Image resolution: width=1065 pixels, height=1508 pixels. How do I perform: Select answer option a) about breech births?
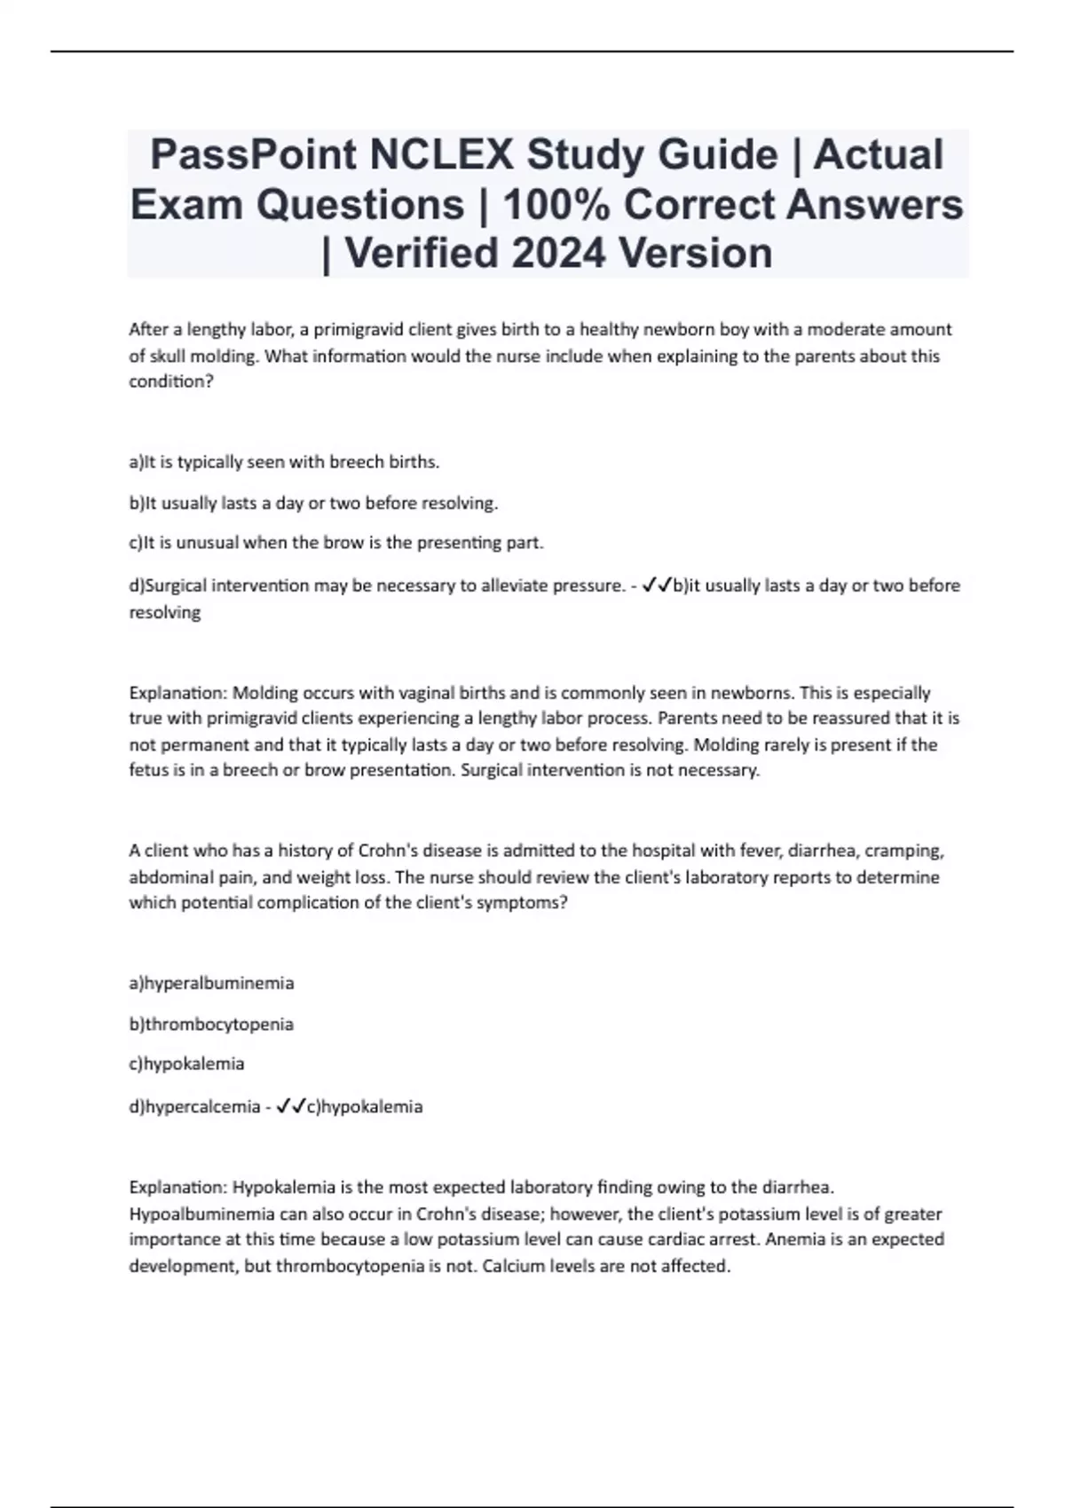click(x=284, y=462)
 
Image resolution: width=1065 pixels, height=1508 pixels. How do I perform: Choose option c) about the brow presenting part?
click(x=335, y=543)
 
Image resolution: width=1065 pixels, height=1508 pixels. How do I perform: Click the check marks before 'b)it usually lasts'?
click(x=657, y=585)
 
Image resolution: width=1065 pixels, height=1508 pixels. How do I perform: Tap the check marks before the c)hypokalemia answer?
click(x=291, y=1107)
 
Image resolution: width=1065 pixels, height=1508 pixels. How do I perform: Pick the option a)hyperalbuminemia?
click(x=211, y=983)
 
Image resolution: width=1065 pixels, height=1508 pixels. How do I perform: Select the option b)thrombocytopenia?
click(x=211, y=1025)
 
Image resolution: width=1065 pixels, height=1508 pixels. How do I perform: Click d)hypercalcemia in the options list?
click(x=194, y=1107)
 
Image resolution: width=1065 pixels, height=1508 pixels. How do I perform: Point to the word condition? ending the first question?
click(x=171, y=382)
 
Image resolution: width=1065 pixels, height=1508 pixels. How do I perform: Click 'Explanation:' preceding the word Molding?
click(x=177, y=693)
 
